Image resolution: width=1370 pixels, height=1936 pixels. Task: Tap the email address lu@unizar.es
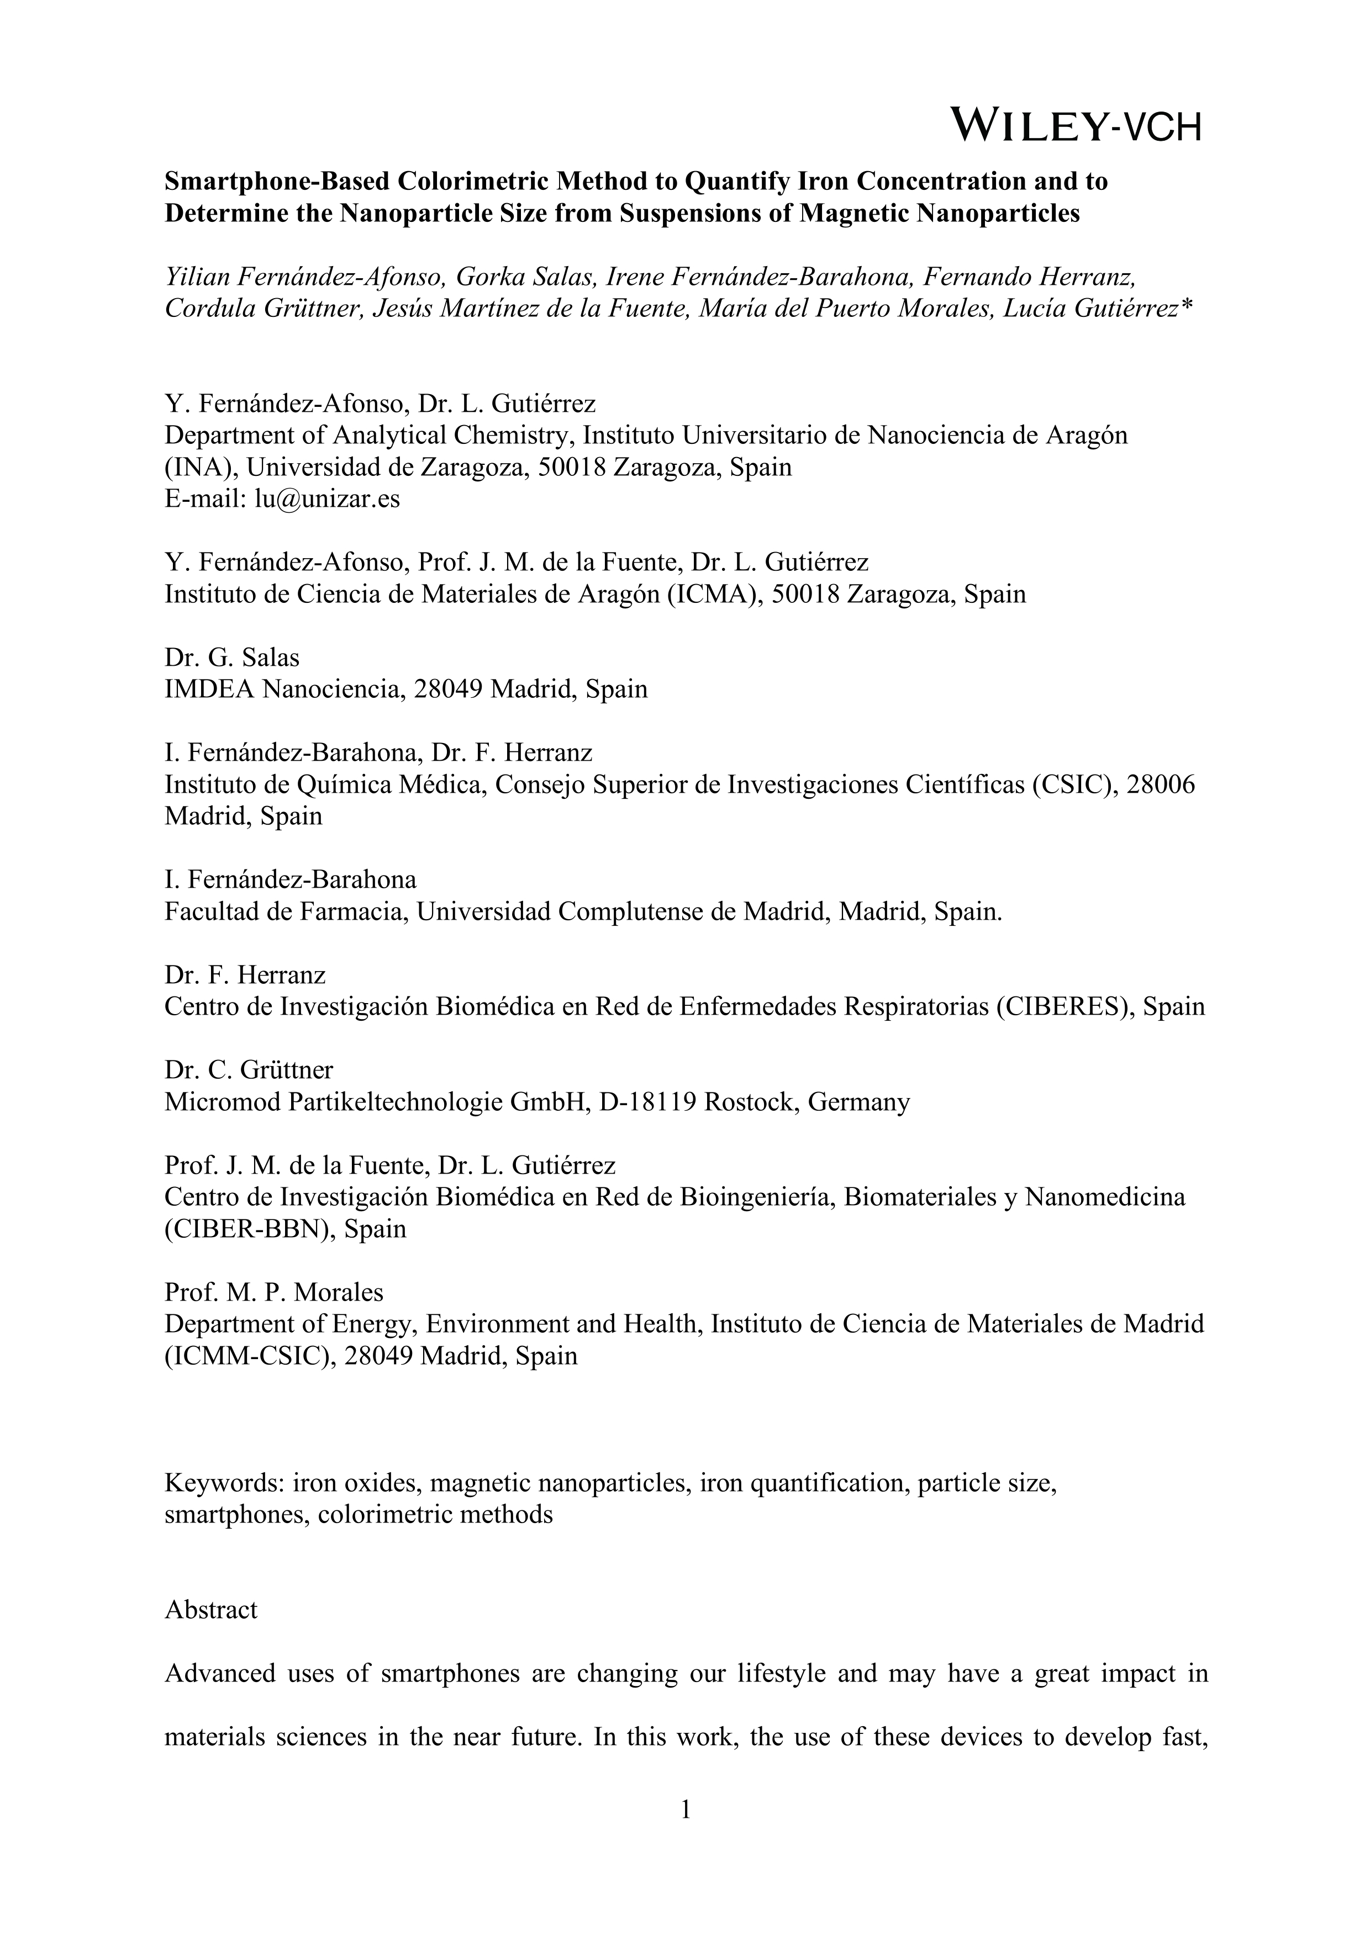[x=328, y=499]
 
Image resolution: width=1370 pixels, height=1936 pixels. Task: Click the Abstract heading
[x=211, y=1610]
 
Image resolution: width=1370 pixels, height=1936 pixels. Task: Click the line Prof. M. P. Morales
[x=274, y=1292]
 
